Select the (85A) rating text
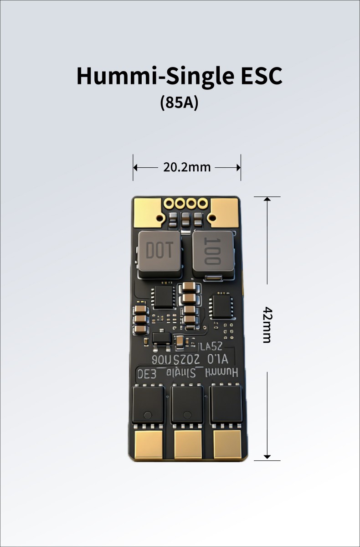pos(179,103)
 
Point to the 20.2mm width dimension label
pos(187,167)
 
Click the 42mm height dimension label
pos(267,325)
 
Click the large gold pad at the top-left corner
pos(147,211)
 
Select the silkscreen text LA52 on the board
pos(211,346)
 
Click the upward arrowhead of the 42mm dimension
pos(267,199)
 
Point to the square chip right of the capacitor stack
pos(222,305)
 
